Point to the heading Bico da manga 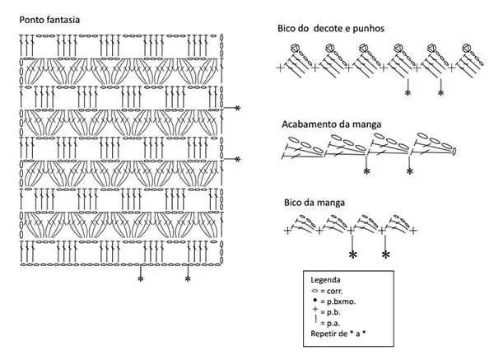[315, 203]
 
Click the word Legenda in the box [325, 279]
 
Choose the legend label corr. [334, 291]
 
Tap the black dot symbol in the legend [315, 300]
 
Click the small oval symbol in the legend [315, 291]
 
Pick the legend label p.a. [333, 323]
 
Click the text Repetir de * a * [338, 334]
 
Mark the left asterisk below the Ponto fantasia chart [141, 278]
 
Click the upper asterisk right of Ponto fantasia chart [238, 108]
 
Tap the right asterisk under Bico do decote [440, 93]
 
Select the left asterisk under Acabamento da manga [366, 171]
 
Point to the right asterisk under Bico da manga [385, 255]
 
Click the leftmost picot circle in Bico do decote [295, 48]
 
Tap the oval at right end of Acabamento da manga [454, 152]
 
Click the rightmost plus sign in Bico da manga [413, 231]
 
